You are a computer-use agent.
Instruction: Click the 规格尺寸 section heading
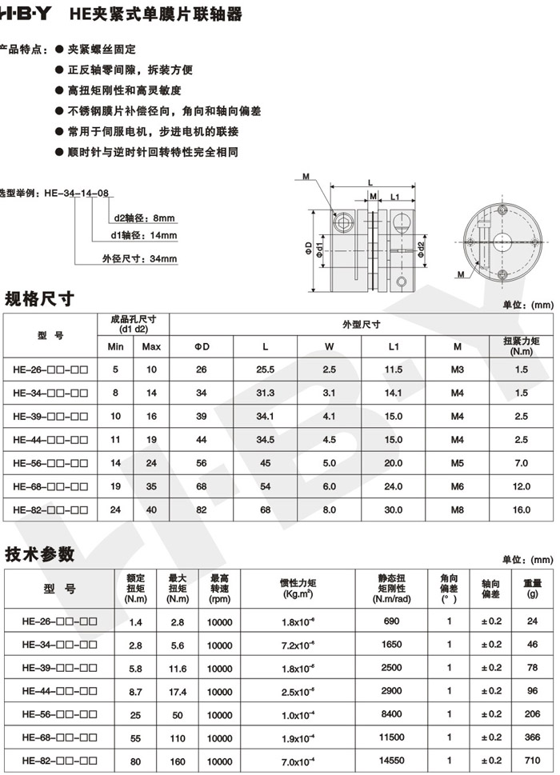pyautogui.click(x=39, y=299)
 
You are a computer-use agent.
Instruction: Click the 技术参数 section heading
pyautogui.click(x=39, y=554)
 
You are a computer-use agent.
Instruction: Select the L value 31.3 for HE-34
pyautogui.click(x=265, y=393)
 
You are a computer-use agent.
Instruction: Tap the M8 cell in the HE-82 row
pyautogui.click(x=457, y=509)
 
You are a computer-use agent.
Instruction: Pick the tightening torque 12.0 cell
pyautogui.click(x=522, y=486)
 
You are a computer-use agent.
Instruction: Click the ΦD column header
pyautogui.click(x=202, y=346)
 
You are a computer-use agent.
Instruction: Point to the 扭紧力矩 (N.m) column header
pyautogui.click(x=522, y=346)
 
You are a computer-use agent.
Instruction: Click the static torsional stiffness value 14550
pyautogui.click(x=393, y=760)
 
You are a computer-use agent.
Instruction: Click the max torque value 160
pyautogui.click(x=177, y=760)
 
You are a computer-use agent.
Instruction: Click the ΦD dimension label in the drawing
pyautogui.click(x=308, y=245)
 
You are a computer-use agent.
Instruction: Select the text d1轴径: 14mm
pyautogui.click(x=144, y=235)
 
